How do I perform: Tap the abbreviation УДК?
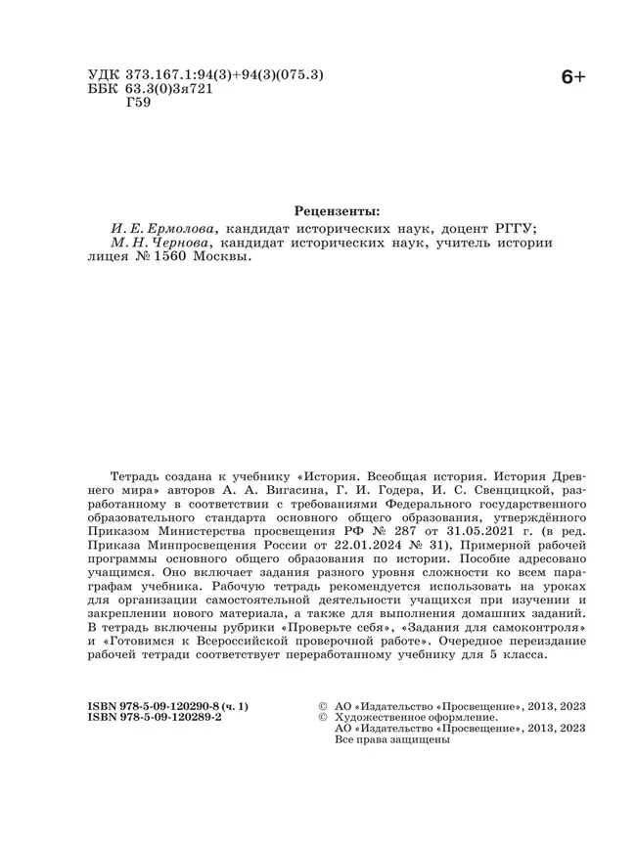click(x=105, y=75)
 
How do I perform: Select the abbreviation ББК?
click(x=105, y=90)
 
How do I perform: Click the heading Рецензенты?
click(x=337, y=209)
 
